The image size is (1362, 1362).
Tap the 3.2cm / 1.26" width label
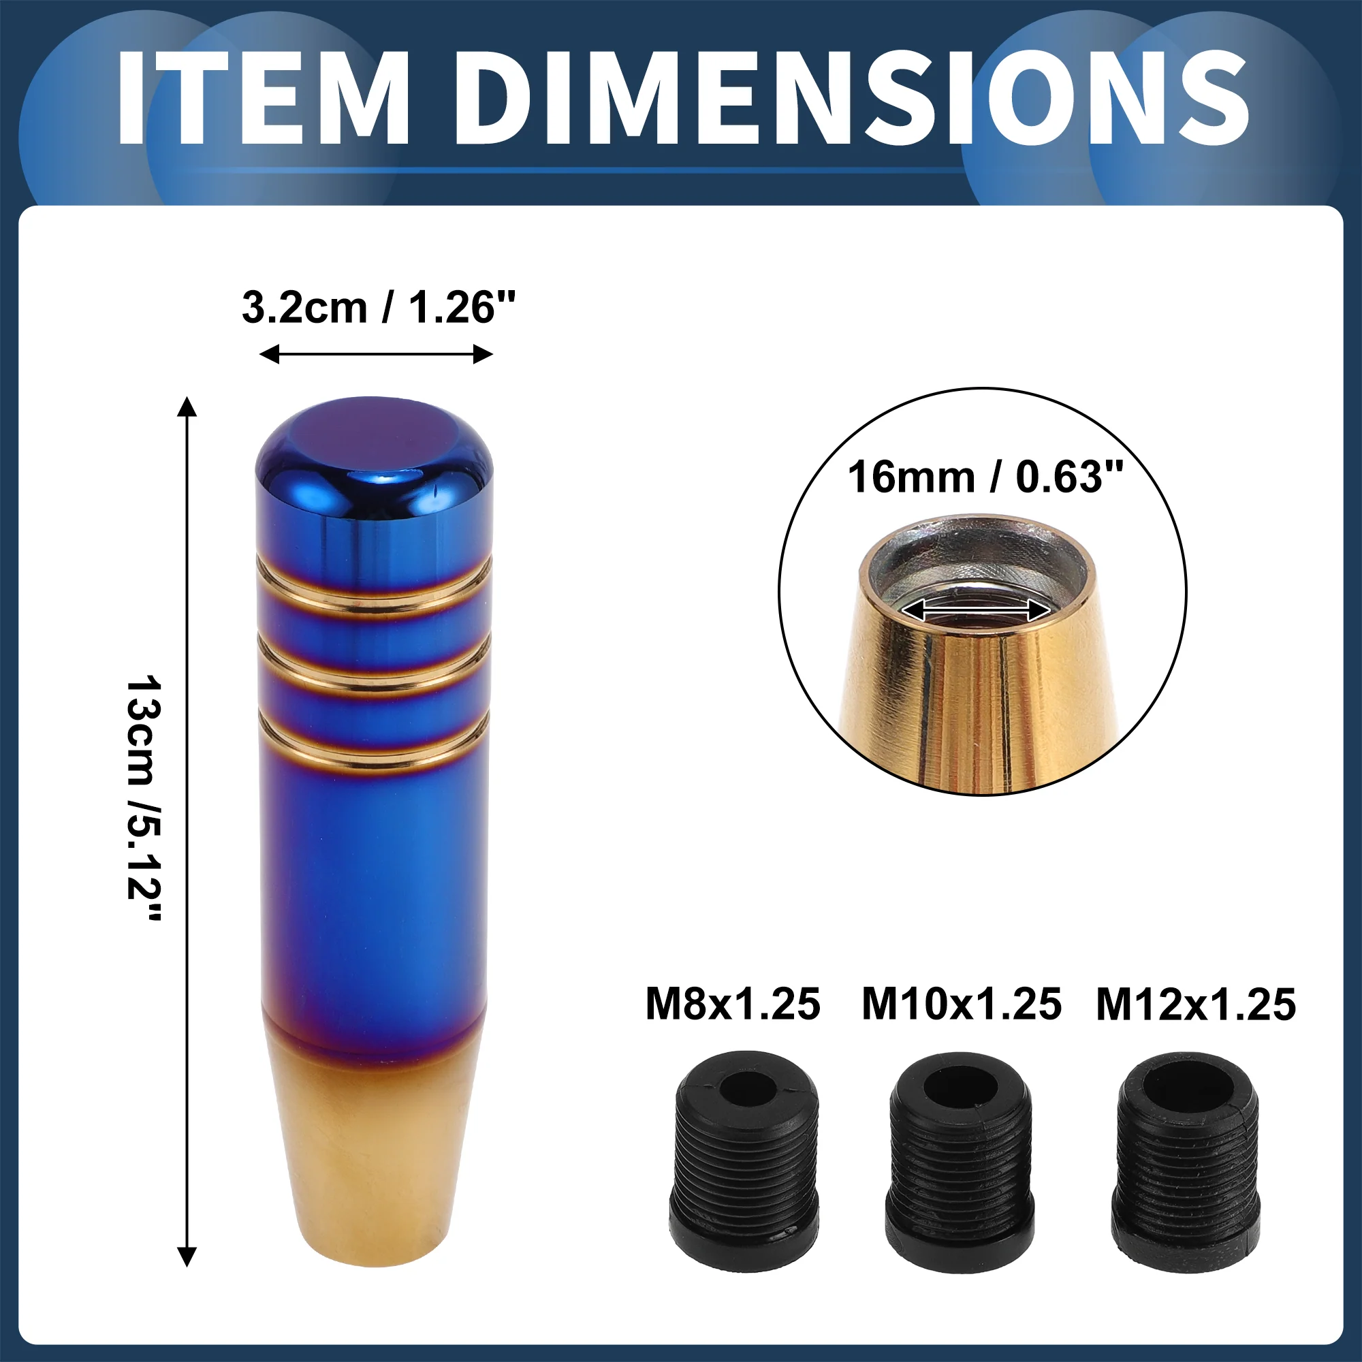(379, 308)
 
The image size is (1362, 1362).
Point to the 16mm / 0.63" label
(985, 477)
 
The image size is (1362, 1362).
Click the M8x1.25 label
(733, 1004)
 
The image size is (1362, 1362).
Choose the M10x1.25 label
(962, 1004)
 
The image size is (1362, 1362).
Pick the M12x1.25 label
(1196, 1004)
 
